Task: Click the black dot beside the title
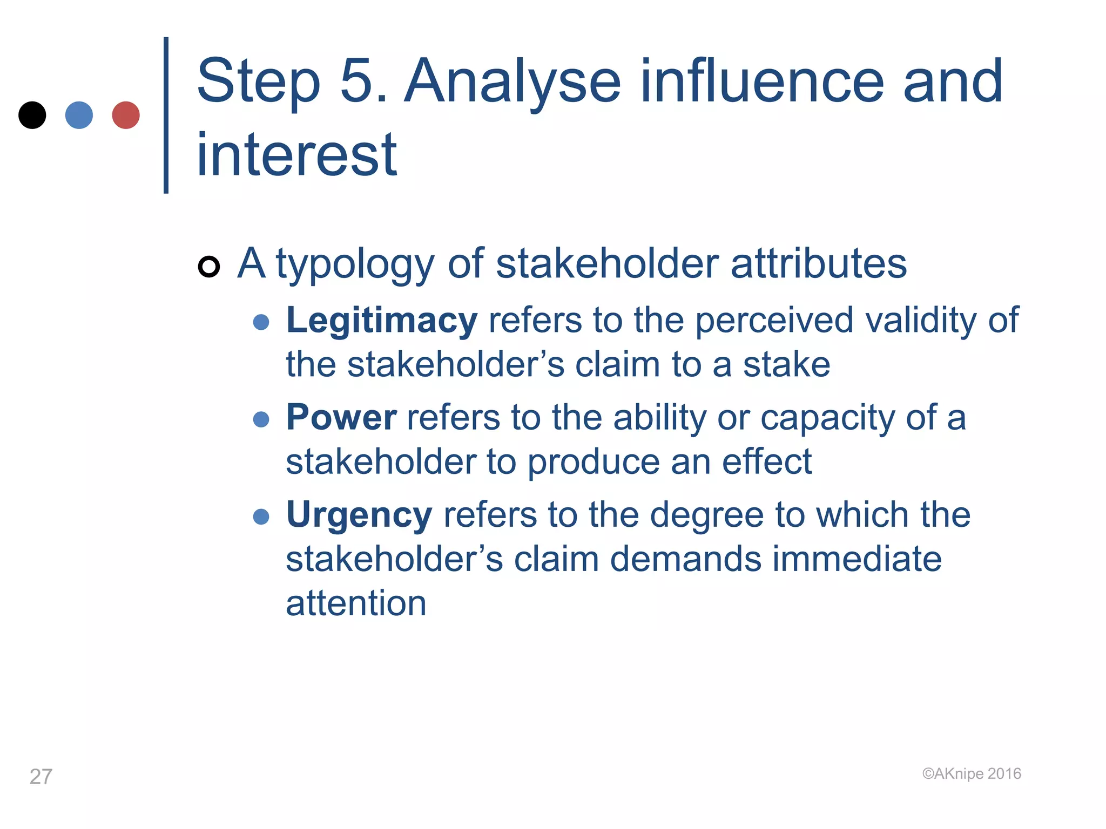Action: (32, 115)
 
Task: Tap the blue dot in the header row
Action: (79, 115)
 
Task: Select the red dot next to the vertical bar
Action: (126, 115)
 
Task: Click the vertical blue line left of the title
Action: (166, 115)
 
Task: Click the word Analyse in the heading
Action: (512, 82)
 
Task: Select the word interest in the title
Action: (296, 155)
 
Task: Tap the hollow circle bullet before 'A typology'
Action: (209, 267)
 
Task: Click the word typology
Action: (355, 264)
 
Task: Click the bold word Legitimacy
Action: (381, 321)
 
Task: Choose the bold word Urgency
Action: (359, 515)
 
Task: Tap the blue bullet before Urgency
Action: (261, 517)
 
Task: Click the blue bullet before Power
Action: (261, 419)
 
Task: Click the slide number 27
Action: (41, 777)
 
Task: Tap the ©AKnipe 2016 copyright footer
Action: (972, 773)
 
